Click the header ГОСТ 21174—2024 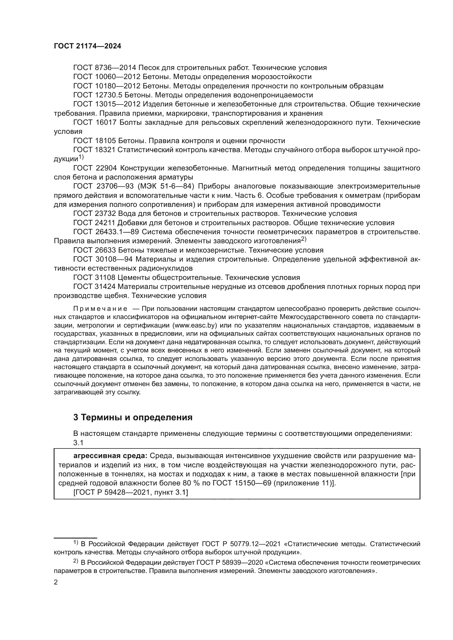coord(87,46)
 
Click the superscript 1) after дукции coord(81,157)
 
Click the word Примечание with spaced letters coord(100,309)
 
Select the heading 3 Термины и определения coord(133,417)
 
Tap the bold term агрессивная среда coord(110,456)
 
